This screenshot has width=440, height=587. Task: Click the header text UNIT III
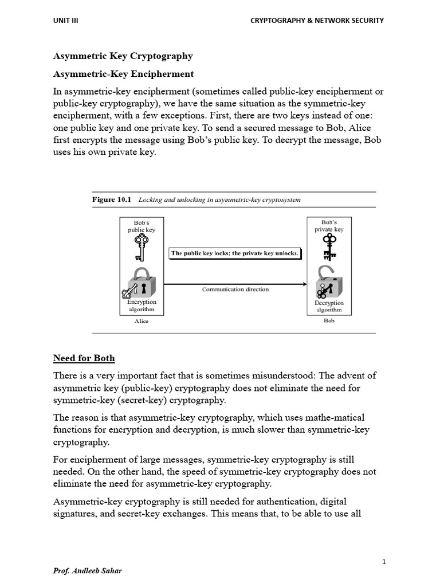coord(66,21)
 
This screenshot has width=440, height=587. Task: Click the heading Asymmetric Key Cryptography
coord(123,56)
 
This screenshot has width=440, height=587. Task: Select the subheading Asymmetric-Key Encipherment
coord(123,74)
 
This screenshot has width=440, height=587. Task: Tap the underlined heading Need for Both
coord(84,358)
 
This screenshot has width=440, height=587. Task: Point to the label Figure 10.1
coord(112,199)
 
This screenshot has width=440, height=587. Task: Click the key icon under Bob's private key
coord(329,245)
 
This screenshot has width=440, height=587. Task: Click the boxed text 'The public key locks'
coord(235,253)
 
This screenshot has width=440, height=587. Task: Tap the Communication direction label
coord(235,289)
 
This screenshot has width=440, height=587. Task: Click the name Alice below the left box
coord(141,321)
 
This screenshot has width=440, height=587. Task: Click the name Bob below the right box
coord(329,321)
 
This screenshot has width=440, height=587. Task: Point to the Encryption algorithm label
coord(141,306)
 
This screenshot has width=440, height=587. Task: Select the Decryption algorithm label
coord(329,306)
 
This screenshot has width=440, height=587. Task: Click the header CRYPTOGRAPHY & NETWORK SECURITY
coord(317,21)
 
